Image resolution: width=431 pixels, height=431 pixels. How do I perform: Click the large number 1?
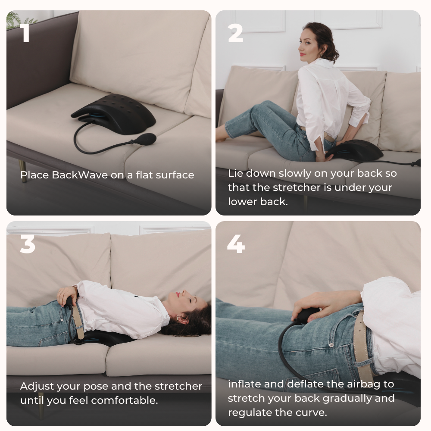coord(25,33)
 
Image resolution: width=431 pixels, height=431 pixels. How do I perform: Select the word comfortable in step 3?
coord(125,400)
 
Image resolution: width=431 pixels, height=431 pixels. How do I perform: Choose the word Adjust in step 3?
coord(35,386)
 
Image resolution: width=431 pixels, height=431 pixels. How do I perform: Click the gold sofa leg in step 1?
coord(23,171)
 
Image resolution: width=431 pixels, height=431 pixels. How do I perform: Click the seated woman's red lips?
coord(303,54)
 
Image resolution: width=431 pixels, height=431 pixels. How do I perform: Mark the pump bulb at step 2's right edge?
coord(416,163)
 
